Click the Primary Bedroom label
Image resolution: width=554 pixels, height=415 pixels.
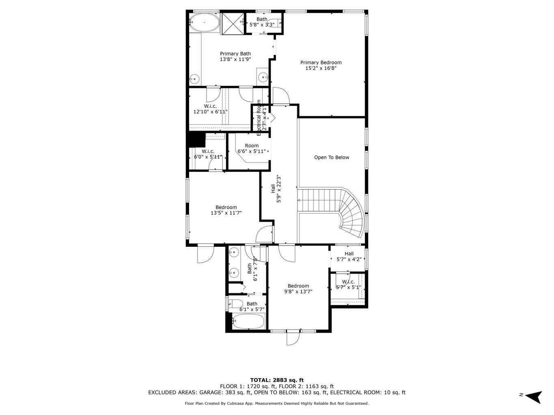321,65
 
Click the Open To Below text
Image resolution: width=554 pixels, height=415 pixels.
331,158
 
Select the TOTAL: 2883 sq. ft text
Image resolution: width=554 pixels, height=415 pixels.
277,380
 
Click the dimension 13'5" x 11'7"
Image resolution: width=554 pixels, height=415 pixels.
226,213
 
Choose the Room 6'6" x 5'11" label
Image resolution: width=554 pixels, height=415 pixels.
252,149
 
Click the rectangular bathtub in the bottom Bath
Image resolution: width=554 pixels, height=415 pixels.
248,322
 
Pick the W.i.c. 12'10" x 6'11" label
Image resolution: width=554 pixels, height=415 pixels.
210,109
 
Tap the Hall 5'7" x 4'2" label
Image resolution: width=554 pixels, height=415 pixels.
349,257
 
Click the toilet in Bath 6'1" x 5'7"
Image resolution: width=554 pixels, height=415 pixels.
235,303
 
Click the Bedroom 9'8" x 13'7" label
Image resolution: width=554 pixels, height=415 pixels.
298,289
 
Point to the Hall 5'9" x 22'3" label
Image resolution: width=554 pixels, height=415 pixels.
276,188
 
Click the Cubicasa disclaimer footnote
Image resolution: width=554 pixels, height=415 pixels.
277,404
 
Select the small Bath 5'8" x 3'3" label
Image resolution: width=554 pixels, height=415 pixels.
262,22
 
